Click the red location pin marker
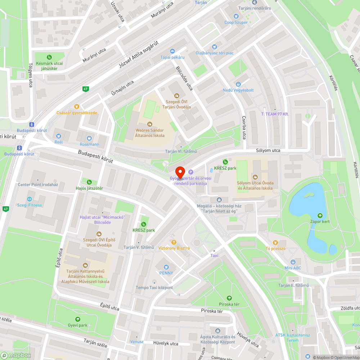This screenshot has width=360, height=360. point(180,171)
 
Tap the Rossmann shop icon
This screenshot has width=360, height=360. point(89,138)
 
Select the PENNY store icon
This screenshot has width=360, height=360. point(166,267)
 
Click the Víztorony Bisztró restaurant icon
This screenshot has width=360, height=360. point(174,242)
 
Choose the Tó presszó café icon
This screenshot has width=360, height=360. point(275,242)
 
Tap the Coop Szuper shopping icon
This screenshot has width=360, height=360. point(236,16)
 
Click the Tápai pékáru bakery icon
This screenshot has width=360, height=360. point(172,51)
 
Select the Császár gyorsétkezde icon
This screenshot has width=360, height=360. point(76,107)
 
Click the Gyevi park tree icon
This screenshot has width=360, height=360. point(78,319)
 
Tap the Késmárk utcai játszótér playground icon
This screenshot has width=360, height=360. point(49,57)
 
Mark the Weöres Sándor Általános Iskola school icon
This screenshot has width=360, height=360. point(149,124)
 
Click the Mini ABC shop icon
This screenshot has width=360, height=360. point(293,262)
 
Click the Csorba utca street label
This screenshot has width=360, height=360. point(244,127)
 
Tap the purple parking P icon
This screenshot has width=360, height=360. point(191,172)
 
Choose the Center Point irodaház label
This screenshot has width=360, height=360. point(38,185)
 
